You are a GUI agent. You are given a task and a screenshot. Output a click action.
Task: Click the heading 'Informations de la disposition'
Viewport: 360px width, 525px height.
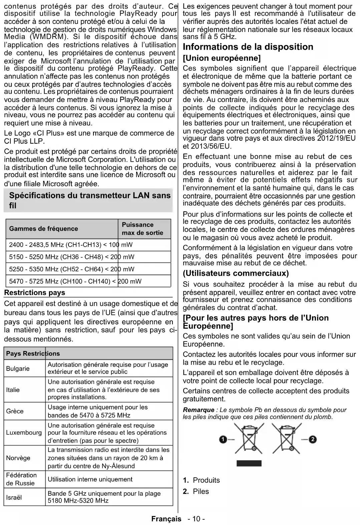point(248,47)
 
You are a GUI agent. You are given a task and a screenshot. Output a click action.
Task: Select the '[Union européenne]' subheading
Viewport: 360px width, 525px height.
point(222,58)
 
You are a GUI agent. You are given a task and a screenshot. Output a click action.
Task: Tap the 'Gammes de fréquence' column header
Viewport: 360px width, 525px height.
point(43,229)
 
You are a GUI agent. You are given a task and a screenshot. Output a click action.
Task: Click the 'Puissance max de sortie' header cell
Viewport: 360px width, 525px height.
point(142,229)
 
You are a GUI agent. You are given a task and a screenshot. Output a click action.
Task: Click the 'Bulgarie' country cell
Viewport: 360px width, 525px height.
point(18,368)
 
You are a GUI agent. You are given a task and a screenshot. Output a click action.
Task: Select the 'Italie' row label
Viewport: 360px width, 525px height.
point(13,390)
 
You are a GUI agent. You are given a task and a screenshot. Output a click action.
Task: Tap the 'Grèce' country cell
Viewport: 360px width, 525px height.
point(15,411)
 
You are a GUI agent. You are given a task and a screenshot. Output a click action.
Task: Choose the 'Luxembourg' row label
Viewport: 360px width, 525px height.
point(24,433)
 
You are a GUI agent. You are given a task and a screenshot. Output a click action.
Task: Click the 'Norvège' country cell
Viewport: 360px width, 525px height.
point(18,458)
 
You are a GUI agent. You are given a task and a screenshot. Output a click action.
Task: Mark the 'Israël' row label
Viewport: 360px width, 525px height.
point(14,497)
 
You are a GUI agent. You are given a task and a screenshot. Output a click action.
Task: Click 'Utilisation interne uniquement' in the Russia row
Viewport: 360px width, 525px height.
point(90,479)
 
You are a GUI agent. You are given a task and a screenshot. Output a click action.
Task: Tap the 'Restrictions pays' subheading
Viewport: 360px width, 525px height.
point(34,293)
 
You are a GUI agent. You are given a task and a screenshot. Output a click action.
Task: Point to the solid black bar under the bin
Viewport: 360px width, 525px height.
point(249,463)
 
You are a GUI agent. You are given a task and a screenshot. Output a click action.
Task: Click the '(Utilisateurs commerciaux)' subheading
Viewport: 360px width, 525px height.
point(236,273)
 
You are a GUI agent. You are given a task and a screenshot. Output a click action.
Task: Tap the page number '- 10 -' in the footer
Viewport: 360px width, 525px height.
point(196,519)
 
